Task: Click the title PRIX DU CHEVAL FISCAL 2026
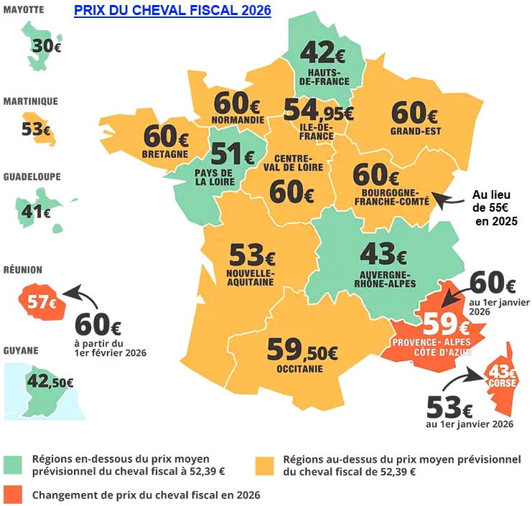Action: coord(172,11)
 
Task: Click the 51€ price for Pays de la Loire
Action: coord(232,154)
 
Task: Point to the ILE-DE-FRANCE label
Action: coord(314,131)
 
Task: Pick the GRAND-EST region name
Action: coord(416,131)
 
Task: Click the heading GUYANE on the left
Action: coord(21,351)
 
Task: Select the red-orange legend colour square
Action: coord(12,495)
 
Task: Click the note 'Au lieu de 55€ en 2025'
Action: coord(495,207)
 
